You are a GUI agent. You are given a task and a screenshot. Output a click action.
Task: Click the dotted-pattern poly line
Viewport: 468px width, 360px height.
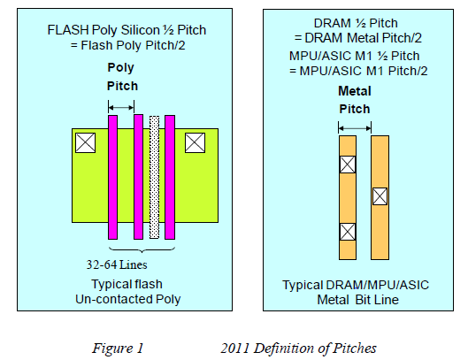[154, 176]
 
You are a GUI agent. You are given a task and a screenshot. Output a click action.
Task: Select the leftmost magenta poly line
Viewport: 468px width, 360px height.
[112, 176]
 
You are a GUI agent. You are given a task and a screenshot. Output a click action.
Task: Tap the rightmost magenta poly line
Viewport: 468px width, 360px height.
[170, 176]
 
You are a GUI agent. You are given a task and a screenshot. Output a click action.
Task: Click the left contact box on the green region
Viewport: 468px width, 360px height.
[86, 142]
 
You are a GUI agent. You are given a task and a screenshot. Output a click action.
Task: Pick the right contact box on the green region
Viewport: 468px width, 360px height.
[194, 142]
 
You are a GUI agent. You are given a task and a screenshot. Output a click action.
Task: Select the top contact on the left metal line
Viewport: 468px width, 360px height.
[348, 164]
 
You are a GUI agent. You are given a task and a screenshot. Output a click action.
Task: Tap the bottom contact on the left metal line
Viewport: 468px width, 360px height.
[348, 232]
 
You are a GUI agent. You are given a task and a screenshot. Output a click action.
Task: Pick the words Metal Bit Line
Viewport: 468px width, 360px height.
[364, 299]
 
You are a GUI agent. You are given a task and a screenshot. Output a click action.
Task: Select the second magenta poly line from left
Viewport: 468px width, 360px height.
[138, 176]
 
